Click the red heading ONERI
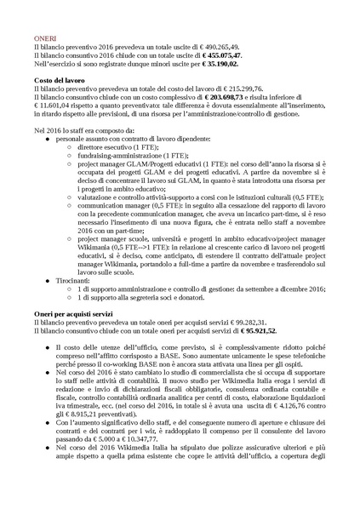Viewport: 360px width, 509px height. (x=46, y=38)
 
